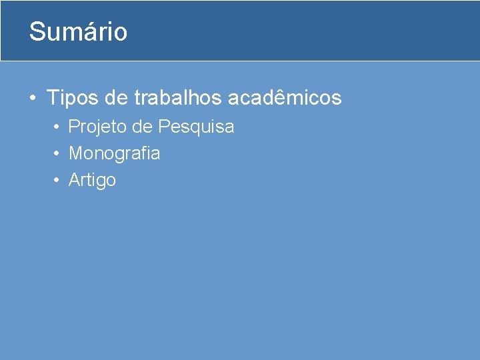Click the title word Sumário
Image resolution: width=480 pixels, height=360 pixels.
[x=78, y=32]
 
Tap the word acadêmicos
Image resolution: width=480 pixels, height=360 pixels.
[x=285, y=99]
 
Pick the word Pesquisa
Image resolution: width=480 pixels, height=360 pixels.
[x=196, y=127]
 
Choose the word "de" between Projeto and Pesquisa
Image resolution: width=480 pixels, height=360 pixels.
[x=145, y=127]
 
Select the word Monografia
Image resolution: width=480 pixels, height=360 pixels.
[x=115, y=153]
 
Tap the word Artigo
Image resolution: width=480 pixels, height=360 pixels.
[x=93, y=180]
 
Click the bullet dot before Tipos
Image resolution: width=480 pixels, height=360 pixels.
[x=32, y=99]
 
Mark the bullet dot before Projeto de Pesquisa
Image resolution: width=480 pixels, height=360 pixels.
[x=58, y=127]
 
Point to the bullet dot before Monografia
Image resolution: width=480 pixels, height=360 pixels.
[x=58, y=153]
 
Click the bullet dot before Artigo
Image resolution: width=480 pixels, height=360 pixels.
[x=58, y=180]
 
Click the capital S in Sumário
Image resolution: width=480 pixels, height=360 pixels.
[x=37, y=32]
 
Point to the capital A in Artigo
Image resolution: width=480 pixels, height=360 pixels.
[x=75, y=180]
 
